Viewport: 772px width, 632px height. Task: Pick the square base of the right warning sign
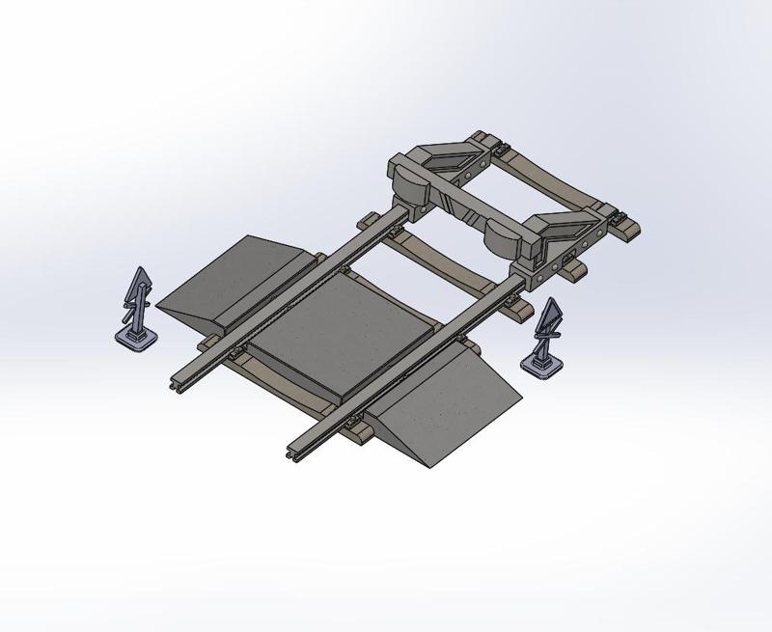542,365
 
